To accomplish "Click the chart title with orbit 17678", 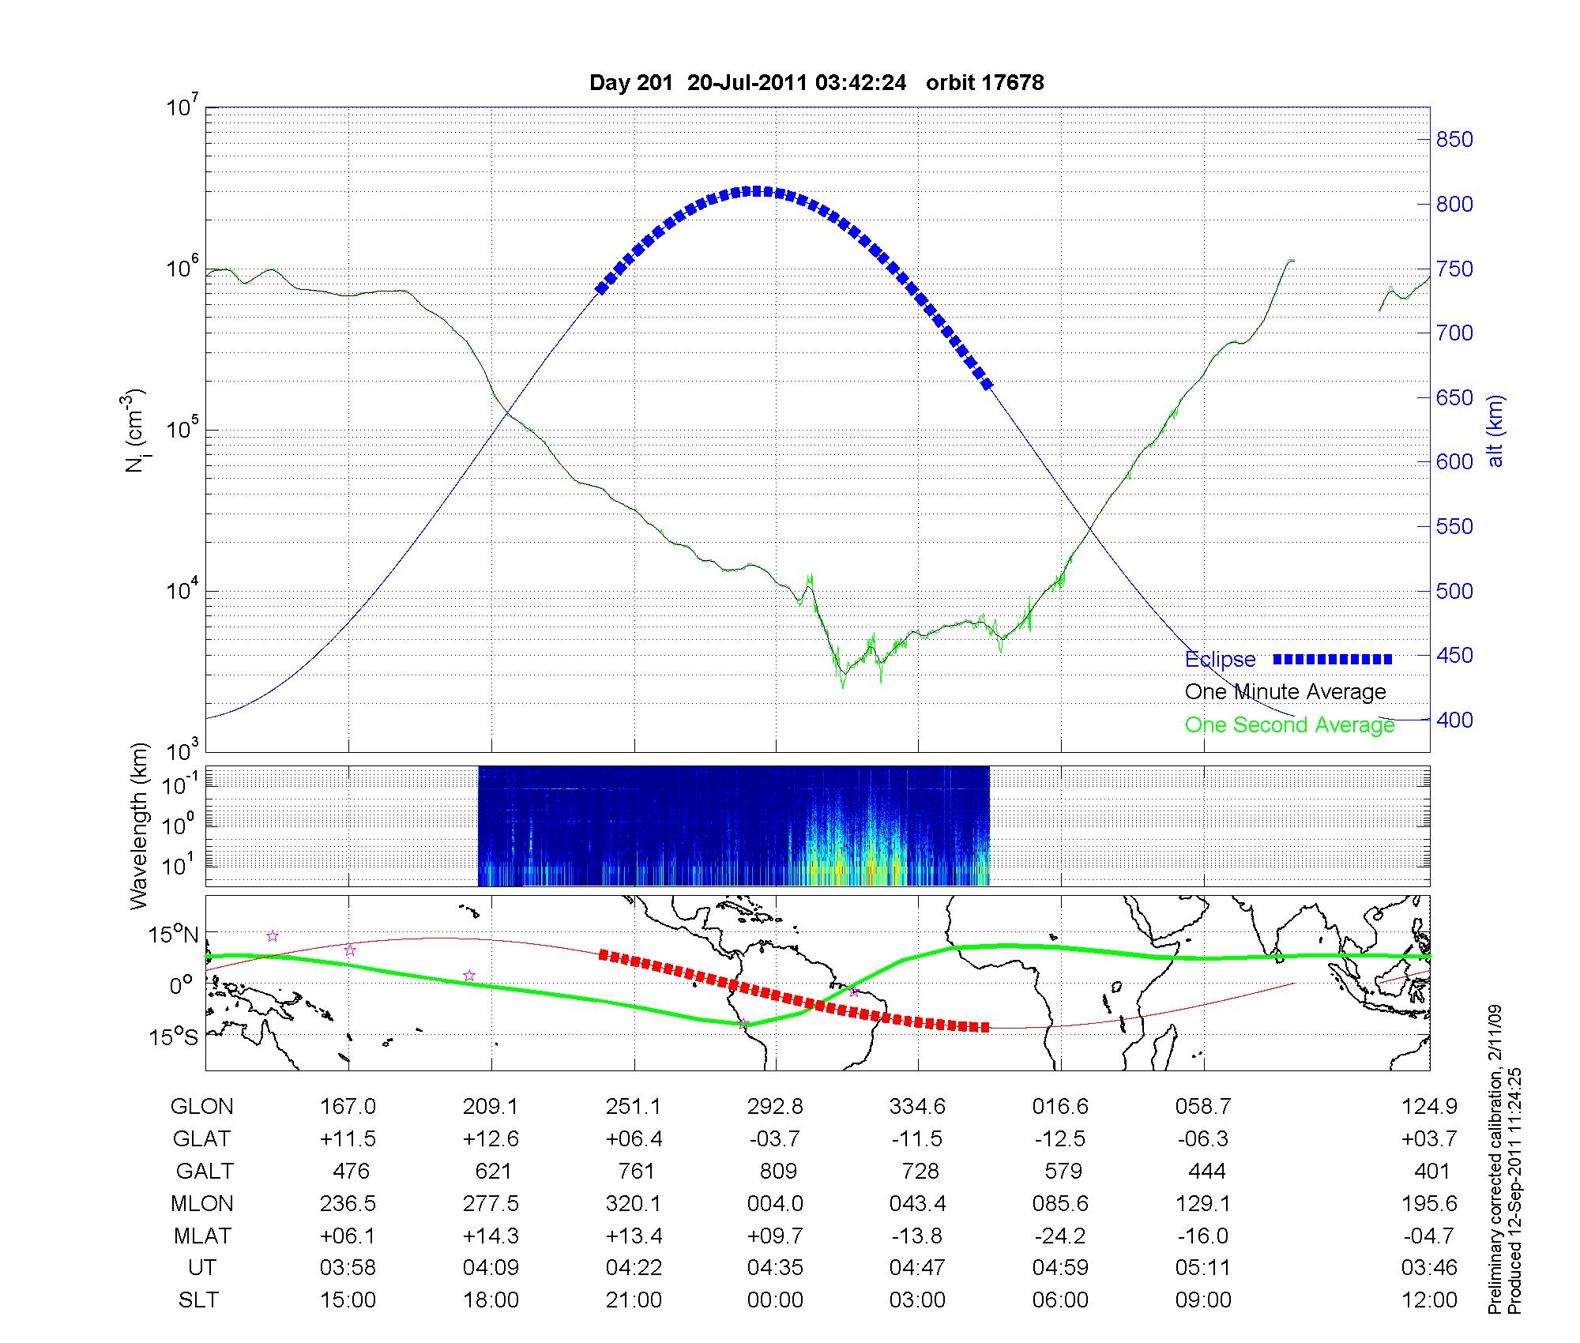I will [816, 83].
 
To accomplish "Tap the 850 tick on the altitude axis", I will [1454, 140].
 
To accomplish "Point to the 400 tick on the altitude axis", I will [1454, 720].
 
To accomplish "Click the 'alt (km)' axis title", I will [1495, 431].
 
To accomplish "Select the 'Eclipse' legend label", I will [1220, 660].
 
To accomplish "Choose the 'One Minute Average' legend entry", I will [1285, 692].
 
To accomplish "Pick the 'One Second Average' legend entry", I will [1289, 725].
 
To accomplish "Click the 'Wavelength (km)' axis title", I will [139, 826].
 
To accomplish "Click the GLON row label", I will [201, 1107].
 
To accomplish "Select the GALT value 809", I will [777, 1171].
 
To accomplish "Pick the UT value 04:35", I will [775, 1268].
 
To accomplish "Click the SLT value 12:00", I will [1428, 1300].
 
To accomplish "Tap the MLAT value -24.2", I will [1060, 1236].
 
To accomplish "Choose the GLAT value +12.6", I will [491, 1139].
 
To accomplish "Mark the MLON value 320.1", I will [634, 1203].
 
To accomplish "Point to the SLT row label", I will [198, 1300].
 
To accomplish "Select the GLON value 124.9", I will [1428, 1107].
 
